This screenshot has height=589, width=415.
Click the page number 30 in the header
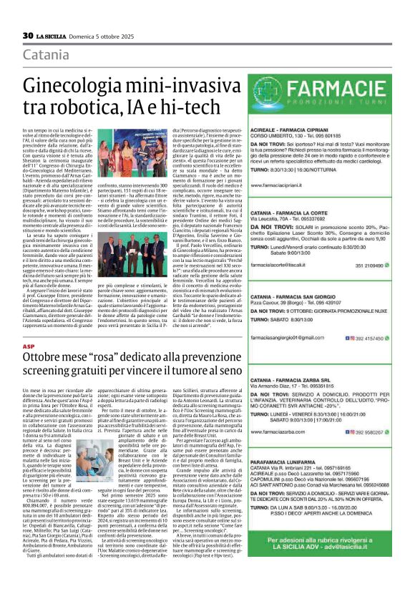click(28, 34)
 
